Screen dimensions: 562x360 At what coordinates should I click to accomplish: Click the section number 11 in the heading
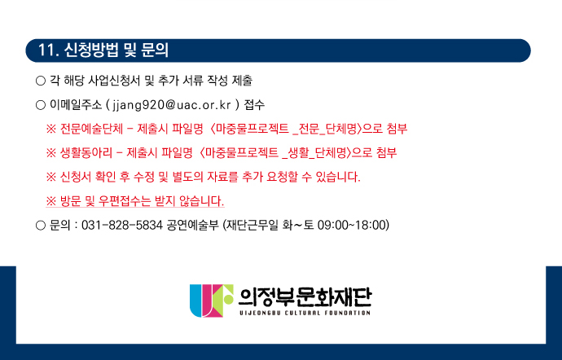(x=46, y=50)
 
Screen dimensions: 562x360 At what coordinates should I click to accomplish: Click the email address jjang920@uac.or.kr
(x=172, y=105)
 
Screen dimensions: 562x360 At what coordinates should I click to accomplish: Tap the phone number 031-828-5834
(x=122, y=225)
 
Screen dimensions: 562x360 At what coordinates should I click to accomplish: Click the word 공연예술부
(x=192, y=225)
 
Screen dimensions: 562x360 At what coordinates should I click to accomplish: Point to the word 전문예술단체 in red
(x=91, y=129)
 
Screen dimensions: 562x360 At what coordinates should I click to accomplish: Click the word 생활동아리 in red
(x=86, y=153)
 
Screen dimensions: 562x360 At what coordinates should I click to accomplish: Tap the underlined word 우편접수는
(x=125, y=201)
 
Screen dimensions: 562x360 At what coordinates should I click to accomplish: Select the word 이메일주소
(x=76, y=105)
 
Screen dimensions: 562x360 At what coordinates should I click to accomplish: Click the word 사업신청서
(x=114, y=81)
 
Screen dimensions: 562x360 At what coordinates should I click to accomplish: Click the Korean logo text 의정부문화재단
(x=305, y=297)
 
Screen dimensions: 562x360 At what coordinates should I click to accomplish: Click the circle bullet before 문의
(x=41, y=226)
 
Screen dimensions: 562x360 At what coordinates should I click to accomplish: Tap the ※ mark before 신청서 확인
(x=50, y=177)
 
